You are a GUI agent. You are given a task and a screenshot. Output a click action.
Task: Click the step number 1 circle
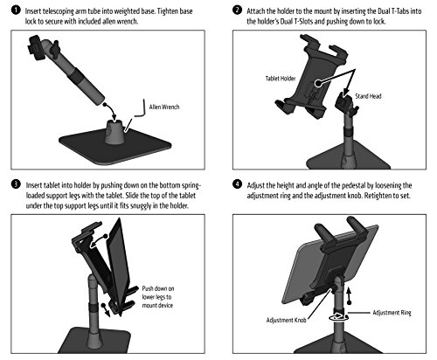pos(16,10)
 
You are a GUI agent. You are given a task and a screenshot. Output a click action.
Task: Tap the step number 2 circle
pos(237,10)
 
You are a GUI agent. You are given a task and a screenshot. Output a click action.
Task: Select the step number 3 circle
pos(16,184)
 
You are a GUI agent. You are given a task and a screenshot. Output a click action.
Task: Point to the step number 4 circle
pos(237,184)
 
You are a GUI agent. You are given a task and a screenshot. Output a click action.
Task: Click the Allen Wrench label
pos(164,107)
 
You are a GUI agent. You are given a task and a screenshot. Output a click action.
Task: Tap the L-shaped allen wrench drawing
pos(141,111)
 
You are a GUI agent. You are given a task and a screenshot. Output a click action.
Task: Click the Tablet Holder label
pos(281,79)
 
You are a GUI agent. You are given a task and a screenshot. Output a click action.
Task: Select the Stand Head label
pos(368,96)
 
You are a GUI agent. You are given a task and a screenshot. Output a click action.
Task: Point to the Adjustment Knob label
pos(286,320)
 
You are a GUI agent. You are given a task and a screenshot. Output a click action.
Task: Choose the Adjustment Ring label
pos(392,313)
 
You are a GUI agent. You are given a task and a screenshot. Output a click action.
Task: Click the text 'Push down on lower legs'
pos(158,293)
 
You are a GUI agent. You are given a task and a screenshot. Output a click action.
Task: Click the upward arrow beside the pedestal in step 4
pos(349,295)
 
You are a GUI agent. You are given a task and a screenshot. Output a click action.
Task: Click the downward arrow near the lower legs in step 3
pos(106,310)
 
